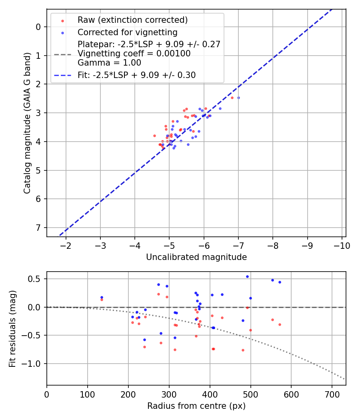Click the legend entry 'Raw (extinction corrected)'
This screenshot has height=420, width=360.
pos(132,20)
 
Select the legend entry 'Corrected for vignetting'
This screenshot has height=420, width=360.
pos(127,32)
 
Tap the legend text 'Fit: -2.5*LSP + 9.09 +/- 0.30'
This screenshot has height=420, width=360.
pos(136,75)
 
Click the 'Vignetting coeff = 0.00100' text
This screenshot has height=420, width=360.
pos(134,54)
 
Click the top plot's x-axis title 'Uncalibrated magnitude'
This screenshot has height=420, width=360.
pos(196,257)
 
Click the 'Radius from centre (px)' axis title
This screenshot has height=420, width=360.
pos(196,406)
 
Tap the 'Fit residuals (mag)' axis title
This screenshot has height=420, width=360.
pos(13,328)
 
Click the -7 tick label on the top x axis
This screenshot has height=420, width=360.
pos(238,245)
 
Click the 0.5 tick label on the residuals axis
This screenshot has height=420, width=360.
pos(36,279)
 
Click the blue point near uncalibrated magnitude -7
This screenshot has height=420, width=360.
pos(238,98)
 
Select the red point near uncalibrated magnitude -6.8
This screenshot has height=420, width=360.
pos(232,98)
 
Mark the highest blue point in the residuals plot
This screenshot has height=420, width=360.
pos(247,276)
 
